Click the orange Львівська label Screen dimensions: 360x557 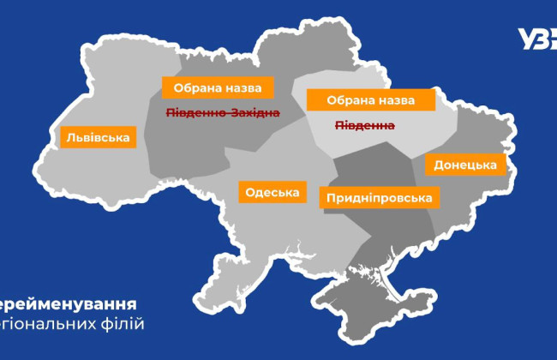(x=99, y=137)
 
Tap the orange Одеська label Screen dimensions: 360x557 (x=272, y=193)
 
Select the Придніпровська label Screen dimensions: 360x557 (x=379, y=198)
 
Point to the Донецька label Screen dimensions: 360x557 (x=465, y=165)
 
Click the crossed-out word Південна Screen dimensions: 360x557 (x=364, y=125)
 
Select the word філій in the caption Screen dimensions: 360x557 (x=124, y=324)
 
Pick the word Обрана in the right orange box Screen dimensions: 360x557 (x=342, y=100)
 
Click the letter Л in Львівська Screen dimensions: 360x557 (x=69, y=137)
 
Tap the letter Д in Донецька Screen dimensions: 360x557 (x=439, y=165)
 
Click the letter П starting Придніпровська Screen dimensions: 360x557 (x=330, y=198)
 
